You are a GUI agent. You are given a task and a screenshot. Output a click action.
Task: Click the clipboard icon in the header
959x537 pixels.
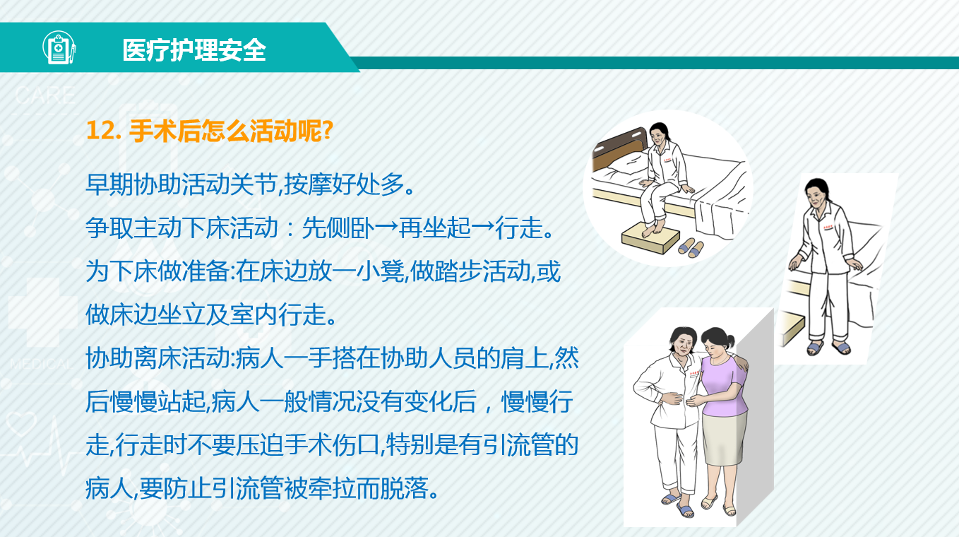pyautogui.click(x=59, y=47)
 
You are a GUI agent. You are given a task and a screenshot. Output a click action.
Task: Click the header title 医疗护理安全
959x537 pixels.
pyautogui.click(x=194, y=50)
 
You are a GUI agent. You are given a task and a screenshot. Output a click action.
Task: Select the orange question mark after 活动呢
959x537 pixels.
pyautogui.click(x=327, y=130)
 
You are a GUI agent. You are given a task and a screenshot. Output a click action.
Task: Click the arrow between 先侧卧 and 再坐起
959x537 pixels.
pyautogui.click(x=386, y=228)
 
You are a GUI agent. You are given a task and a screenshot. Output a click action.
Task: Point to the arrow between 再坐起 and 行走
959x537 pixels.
pyautogui.click(x=483, y=228)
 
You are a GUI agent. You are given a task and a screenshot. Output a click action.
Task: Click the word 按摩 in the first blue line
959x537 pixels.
pyautogui.click(x=308, y=184)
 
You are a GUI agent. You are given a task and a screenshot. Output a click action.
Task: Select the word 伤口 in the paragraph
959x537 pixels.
pyautogui.click(x=356, y=444)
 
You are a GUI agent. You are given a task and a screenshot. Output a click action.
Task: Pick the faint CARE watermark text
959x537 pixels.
pyautogui.click(x=45, y=95)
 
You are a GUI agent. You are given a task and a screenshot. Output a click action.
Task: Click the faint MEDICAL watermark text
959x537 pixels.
pyautogui.click(x=42, y=365)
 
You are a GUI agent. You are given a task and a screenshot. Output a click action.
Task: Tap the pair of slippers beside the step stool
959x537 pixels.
pyautogui.click(x=691, y=248)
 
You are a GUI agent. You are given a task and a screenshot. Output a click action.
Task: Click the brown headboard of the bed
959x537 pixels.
pyautogui.click(x=621, y=148)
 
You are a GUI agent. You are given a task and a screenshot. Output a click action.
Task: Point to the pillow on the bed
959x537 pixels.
pyautogui.click(x=627, y=165)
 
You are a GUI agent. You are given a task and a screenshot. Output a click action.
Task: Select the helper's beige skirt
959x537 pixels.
pyautogui.click(x=724, y=438)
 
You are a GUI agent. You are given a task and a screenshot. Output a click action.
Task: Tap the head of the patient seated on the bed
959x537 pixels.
pyautogui.click(x=659, y=134)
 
